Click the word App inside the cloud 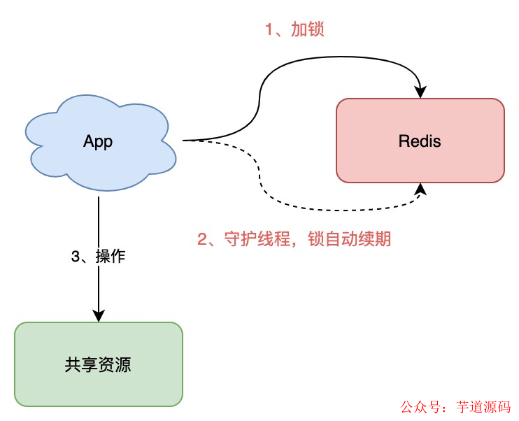pyautogui.click(x=98, y=141)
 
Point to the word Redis pyautogui.click(x=420, y=141)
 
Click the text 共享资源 pyautogui.click(x=98, y=364)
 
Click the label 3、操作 pyautogui.click(x=98, y=256)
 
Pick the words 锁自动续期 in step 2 pyautogui.click(x=348, y=239)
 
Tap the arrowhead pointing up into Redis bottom pyautogui.click(x=420, y=189)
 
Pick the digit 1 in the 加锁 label pyautogui.click(x=268, y=29)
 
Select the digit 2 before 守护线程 pyautogui.click(x=203, y=239)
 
